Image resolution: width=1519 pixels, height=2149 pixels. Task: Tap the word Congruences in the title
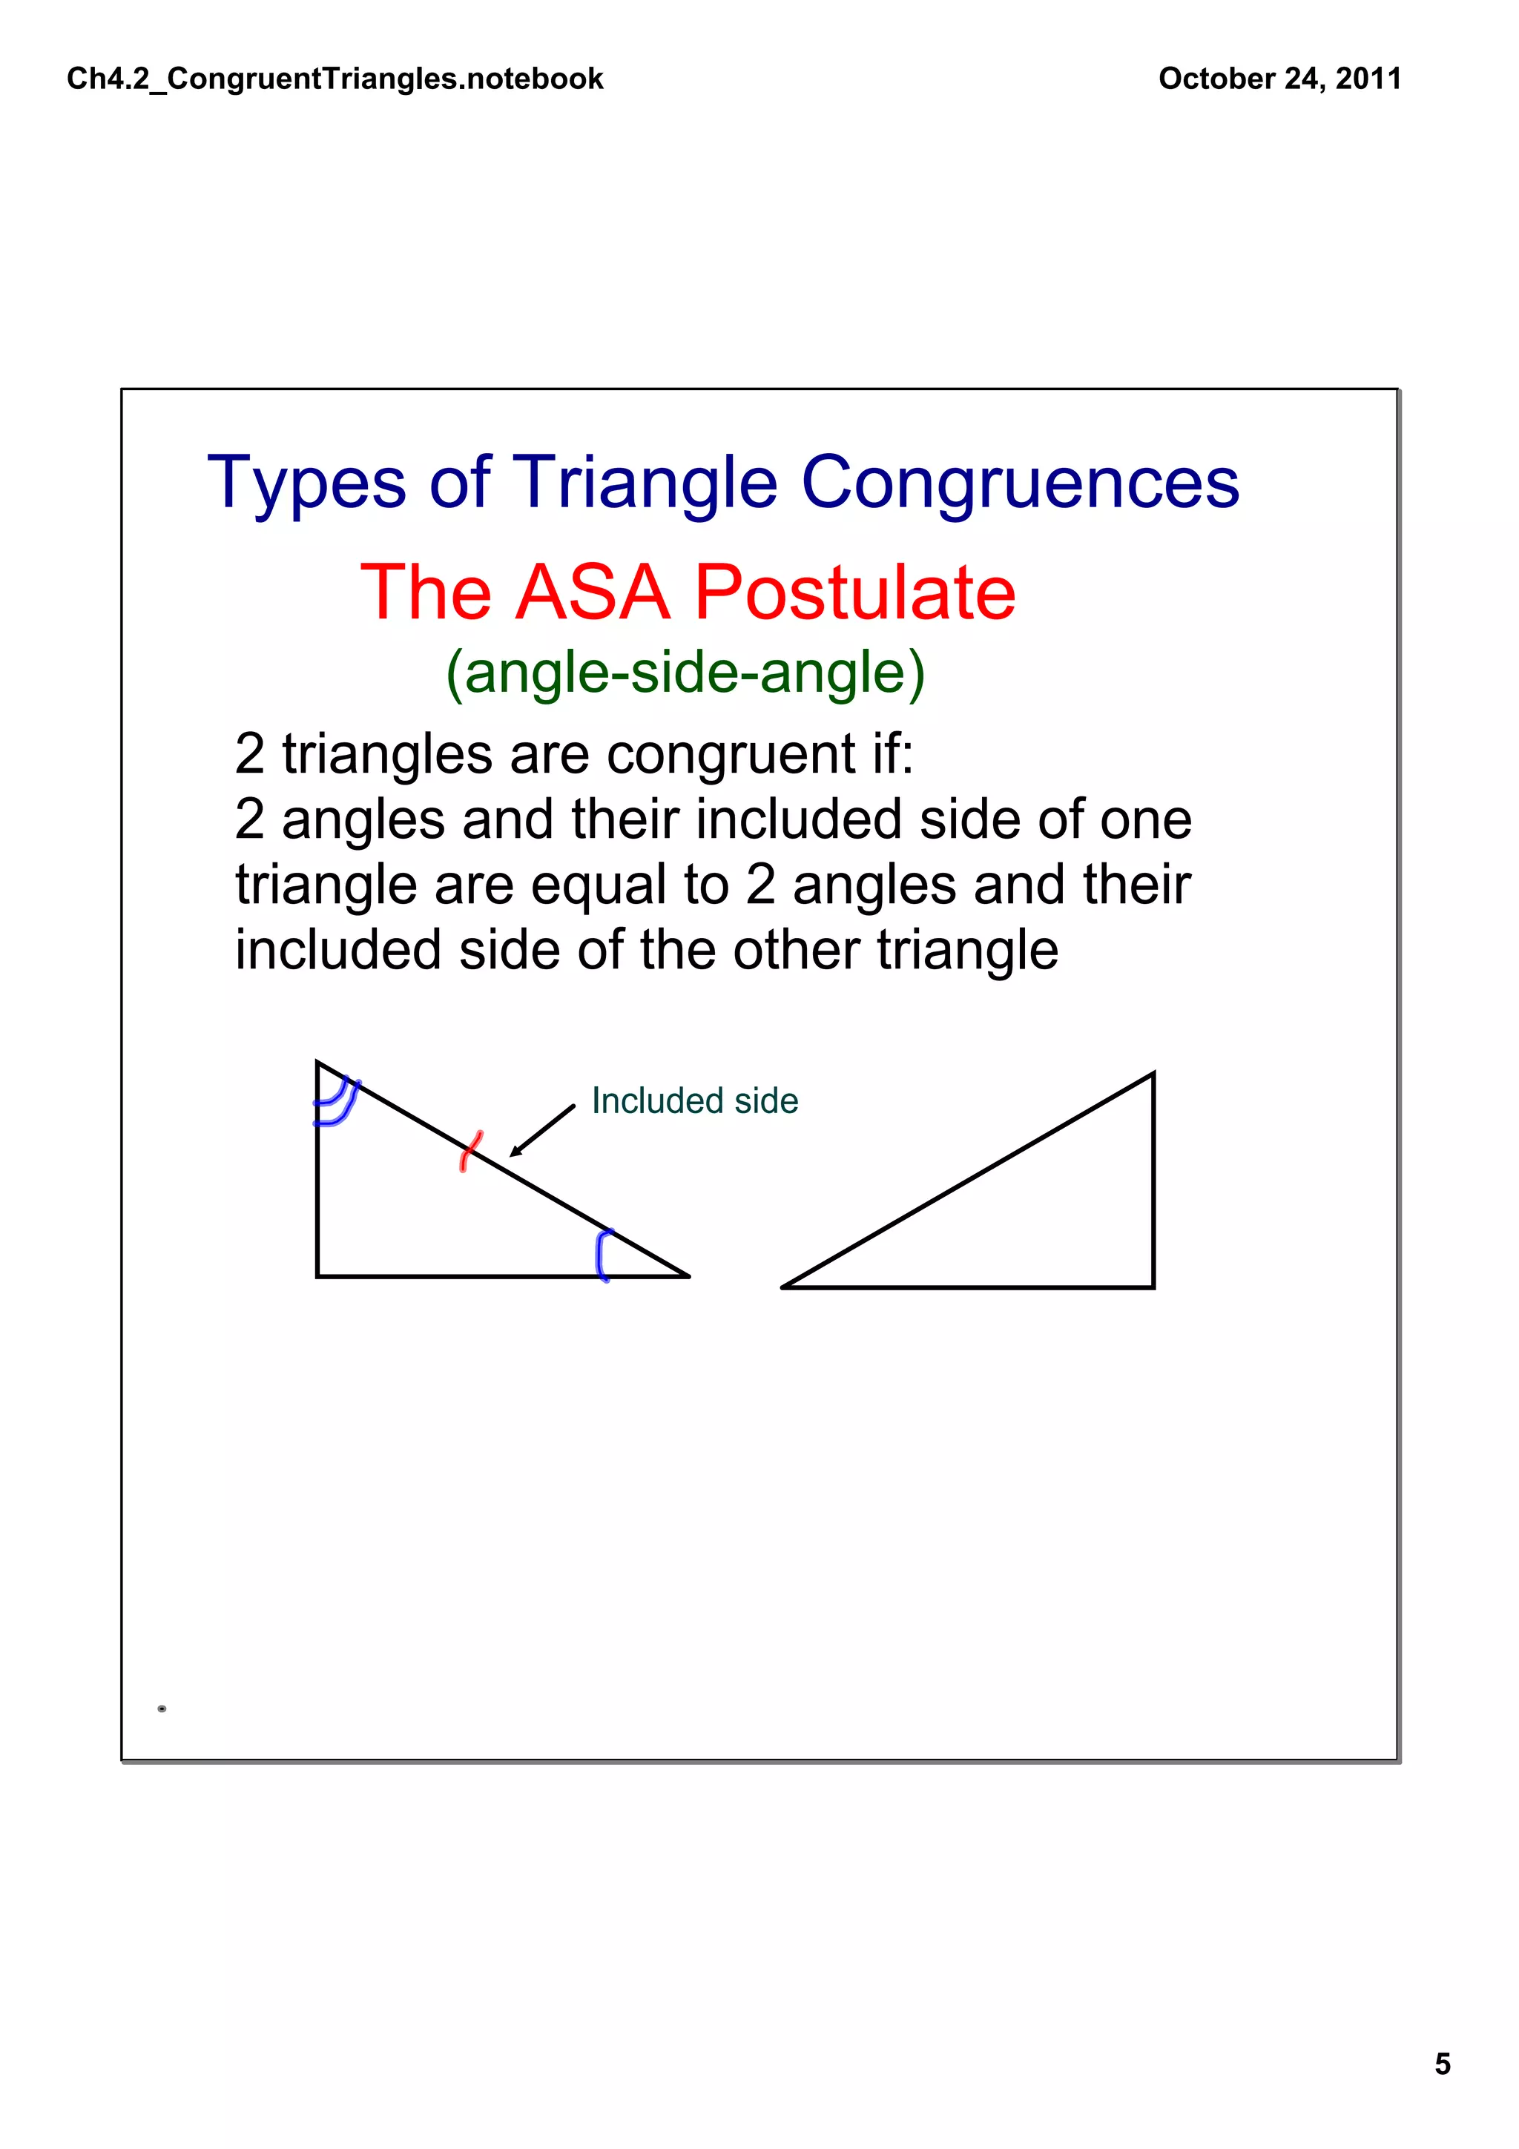click(x=1019, y=483)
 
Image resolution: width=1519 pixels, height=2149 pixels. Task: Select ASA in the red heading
click(x=593, y=592)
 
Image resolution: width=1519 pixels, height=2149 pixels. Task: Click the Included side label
click(x=694, y=1100)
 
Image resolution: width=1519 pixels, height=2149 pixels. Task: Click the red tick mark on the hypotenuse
click(x=471, y=1151)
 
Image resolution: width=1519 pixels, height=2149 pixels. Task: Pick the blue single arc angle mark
click(x=603, y=1255)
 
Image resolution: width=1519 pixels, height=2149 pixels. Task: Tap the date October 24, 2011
click(x=1279, y=79)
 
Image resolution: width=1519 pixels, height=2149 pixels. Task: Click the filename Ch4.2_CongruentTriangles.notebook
click(x=335, y=79)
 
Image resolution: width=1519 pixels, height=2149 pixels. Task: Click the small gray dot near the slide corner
click(x=162, y=1709)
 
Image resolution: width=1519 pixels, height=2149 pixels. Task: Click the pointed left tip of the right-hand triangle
click(x=784, y=1287)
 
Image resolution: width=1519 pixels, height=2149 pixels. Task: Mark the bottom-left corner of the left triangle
click(x=318, y=1275)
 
